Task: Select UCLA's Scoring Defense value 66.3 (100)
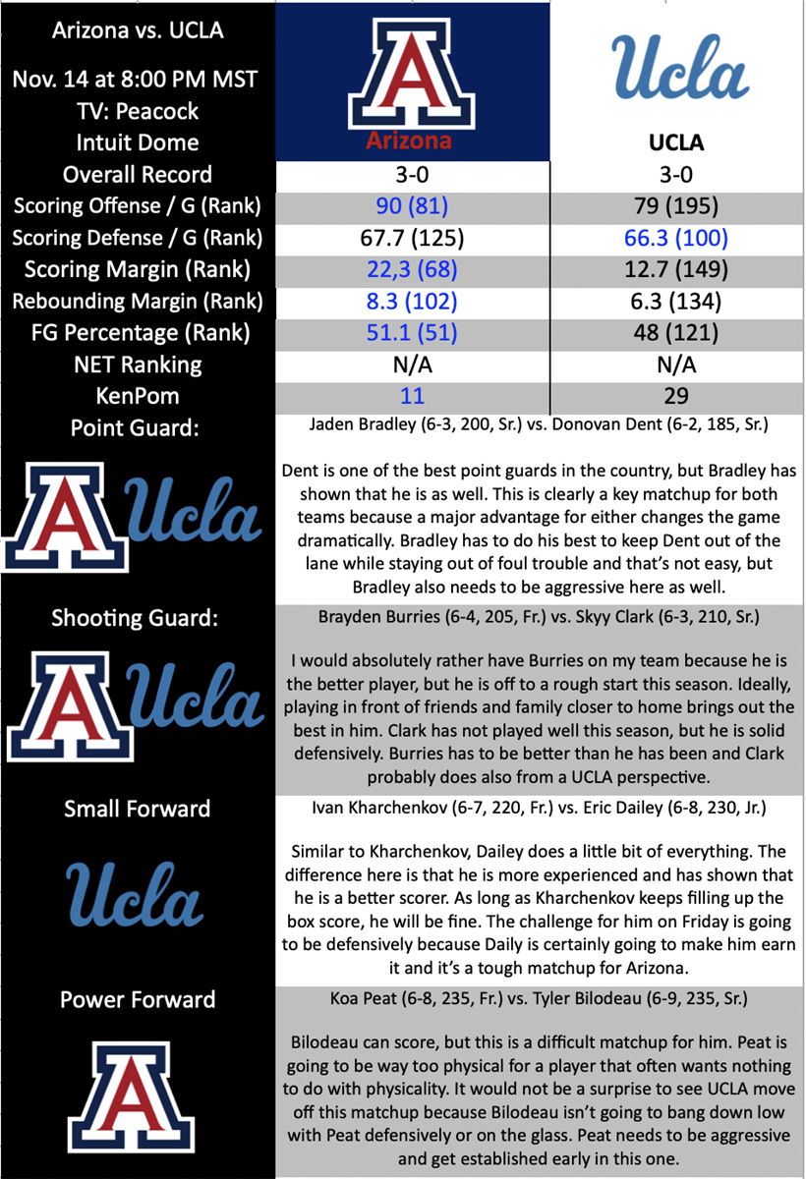tap(677, 238)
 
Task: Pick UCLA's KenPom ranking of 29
tap(677, 396)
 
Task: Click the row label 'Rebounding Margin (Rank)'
tap(138, 301)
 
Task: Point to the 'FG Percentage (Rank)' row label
tap(138, 333)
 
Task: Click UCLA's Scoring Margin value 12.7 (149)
tap(677, 269)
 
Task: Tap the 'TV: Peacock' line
tap(138, 110)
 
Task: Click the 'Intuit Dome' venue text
tap(138, 142)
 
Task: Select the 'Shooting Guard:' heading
tap(135, 618)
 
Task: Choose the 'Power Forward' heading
tap(138, 999)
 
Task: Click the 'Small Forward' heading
tap(138, 809)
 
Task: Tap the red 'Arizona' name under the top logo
tap(409, 140)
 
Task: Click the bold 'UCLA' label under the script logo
tap(677, 142)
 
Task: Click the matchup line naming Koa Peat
tap(539, 999)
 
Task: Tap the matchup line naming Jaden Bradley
tap(539, 426)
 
